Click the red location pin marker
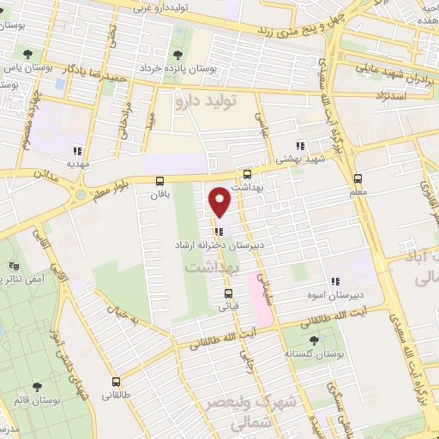click(x=220, y=201)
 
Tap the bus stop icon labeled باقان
click(x=159, y=181)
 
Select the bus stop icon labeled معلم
click(x=358, y=179)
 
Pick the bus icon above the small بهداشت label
click(x=247, y=172)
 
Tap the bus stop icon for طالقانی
click(x=116, y=382)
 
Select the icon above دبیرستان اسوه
click(x=336, y=280)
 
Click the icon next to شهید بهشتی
click(x=299, y=146)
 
